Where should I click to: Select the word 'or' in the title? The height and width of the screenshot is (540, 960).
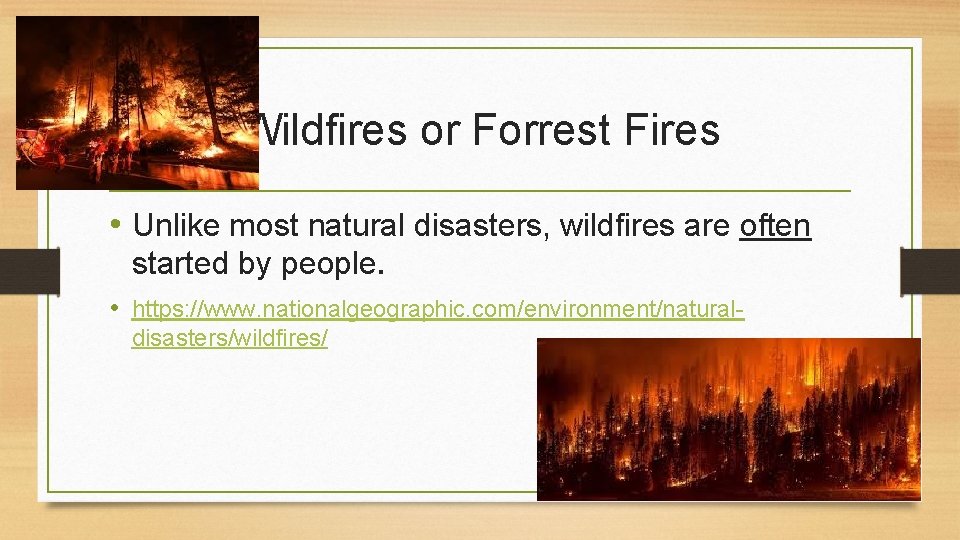pos(438,130)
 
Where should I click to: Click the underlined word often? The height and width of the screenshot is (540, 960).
pos(775,227)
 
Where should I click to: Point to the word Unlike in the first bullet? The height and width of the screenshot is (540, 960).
pos(176,227)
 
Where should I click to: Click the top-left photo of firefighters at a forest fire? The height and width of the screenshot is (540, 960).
pos(137,102)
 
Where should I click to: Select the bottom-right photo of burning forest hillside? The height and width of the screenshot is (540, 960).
pos(728,418)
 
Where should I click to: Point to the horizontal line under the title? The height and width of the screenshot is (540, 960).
pos(480,190)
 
